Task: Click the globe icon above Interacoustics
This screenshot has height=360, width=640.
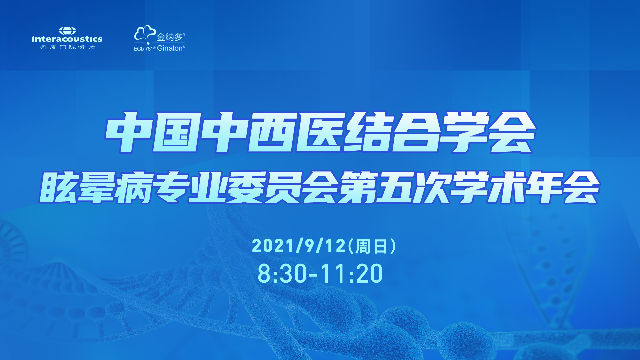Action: pyautogui.click(x=67, y=31)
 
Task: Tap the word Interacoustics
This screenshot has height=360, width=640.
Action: pyautogui.click(x=67, y=39)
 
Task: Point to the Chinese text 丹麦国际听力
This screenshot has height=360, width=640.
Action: pyautogui.click(x=68, y=47)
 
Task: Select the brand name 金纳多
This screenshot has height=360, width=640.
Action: pyautogui.click(x=170, y=37)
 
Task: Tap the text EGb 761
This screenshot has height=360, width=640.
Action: pyautogui.click(x=144, y=49)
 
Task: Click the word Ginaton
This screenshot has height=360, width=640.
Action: pyautogui.click(x=170, y=48)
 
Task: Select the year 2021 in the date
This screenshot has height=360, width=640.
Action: pyautogui.click(x=273, y=246)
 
